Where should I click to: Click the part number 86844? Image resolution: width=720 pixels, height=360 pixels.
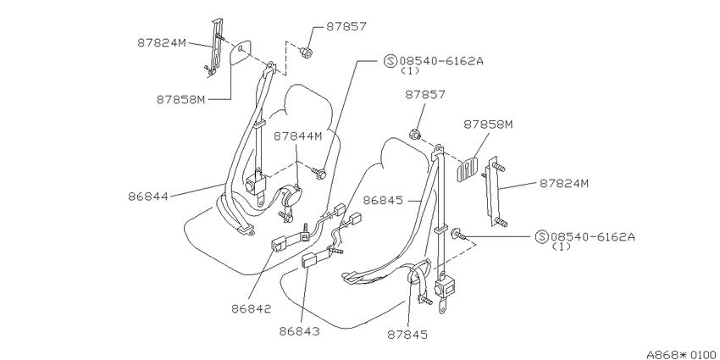click(148, 197)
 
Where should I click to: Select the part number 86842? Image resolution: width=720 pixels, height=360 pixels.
click(252, 309)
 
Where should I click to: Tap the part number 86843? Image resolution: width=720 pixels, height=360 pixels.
click(300, 331)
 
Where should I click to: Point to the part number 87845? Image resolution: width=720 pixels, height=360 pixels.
click(407, 335)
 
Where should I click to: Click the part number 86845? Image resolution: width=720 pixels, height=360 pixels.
click(383, 201)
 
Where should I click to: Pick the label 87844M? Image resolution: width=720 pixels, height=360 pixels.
click(298, 136)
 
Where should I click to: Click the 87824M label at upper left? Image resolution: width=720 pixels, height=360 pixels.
click(162, 42)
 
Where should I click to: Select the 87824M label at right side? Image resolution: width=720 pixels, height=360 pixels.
click(564, 184)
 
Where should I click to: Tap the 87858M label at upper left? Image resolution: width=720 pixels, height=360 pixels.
click(181, 100)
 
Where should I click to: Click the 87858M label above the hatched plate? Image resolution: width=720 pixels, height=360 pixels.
click(488, 125)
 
